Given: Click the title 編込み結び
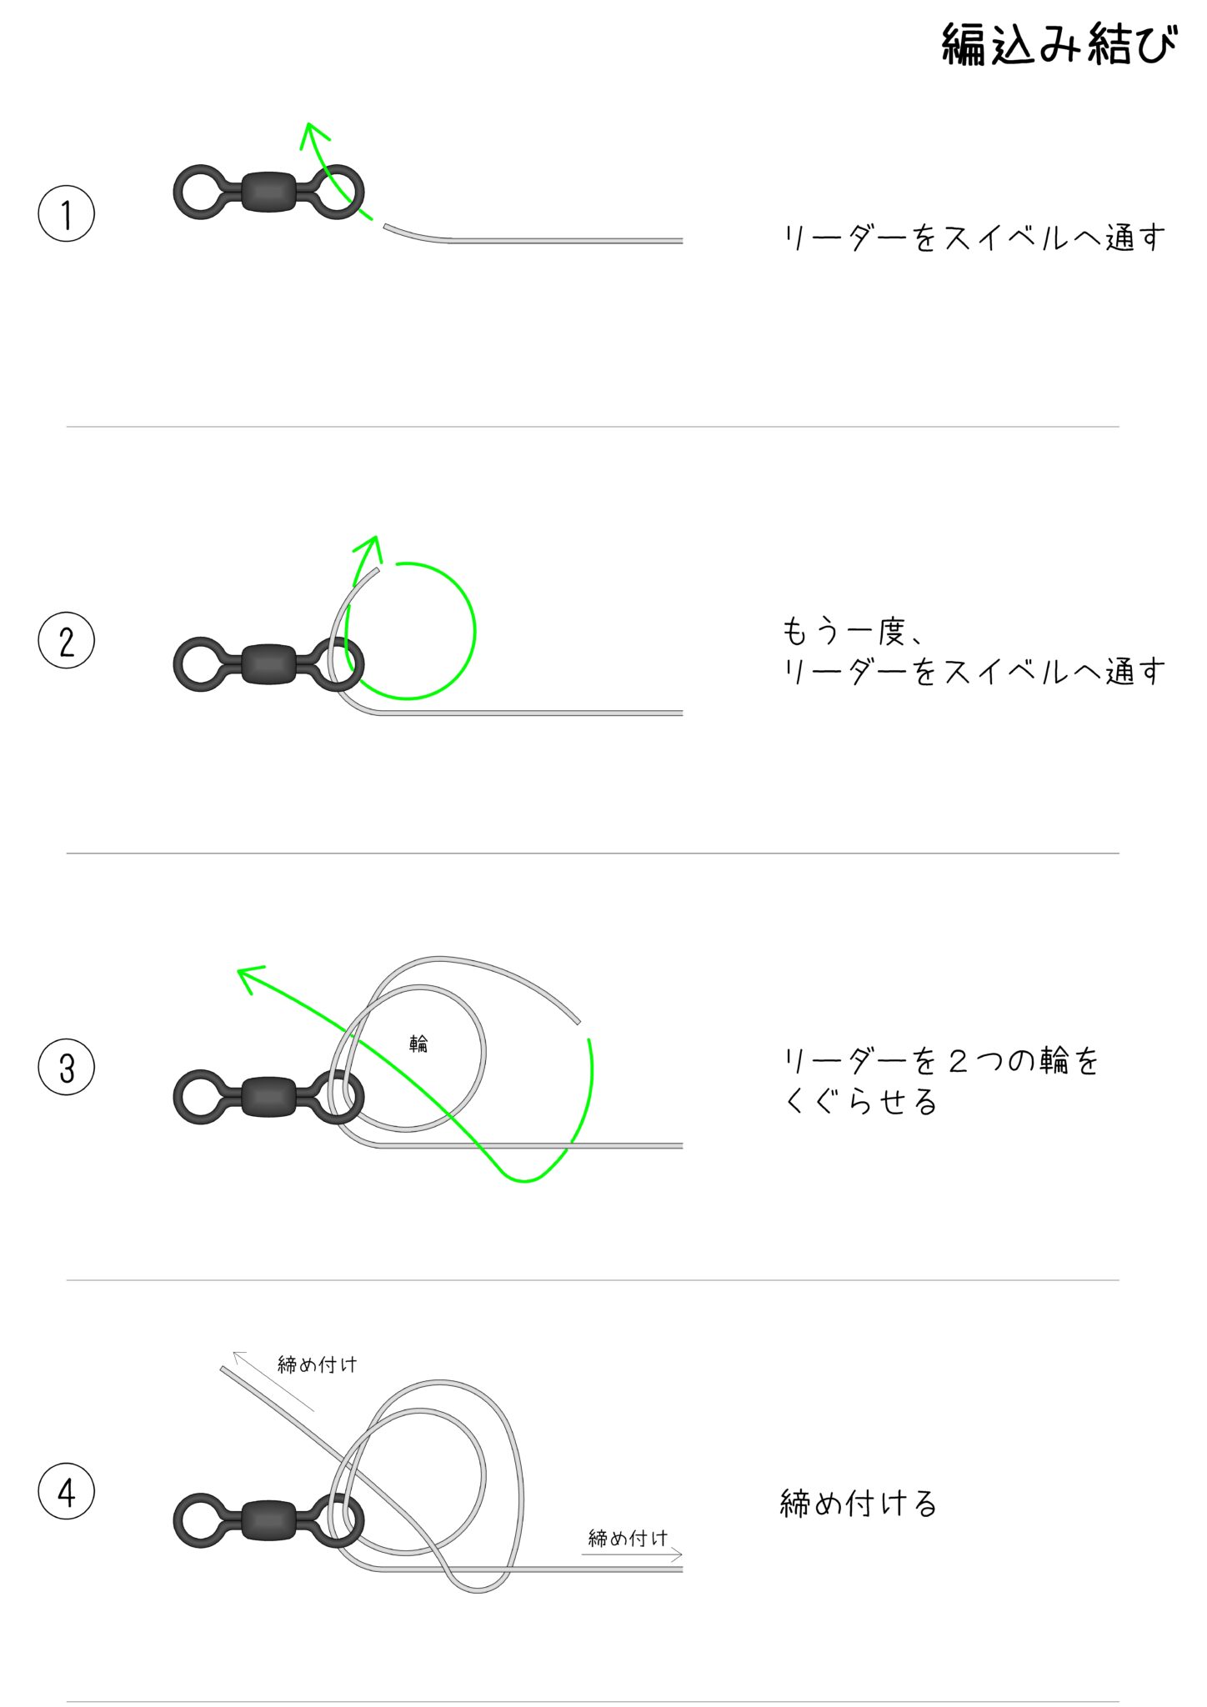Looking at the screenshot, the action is [1059, 44].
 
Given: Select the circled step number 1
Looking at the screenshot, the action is [67, 213].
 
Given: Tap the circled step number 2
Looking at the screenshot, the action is [67, 640].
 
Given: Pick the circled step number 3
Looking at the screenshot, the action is [67, 1067].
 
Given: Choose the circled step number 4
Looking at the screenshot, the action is [67, 1492].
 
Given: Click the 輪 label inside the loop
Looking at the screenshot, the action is [418, 1043].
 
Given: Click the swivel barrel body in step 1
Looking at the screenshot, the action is [268, 192].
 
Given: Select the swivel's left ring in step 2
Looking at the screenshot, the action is [200, 664].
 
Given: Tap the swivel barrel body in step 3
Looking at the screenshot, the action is [268, 1097].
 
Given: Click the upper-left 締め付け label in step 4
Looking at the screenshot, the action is [318, 1364].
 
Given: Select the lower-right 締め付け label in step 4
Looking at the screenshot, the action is [628, 1538].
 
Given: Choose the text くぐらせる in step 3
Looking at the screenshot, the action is [861, 1102].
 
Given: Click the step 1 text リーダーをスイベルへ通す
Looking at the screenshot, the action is [974, 238].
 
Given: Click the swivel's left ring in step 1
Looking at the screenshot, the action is [200, 192].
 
